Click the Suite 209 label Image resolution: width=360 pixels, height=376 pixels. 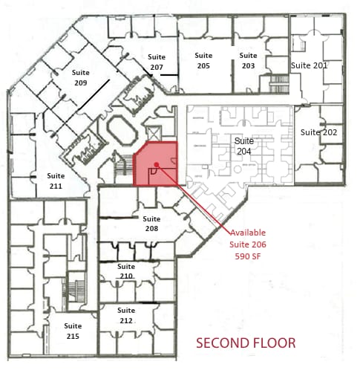click(81, 78)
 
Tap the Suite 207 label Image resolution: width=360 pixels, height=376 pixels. click(156, 62)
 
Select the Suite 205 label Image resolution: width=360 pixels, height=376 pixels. click(203, 60)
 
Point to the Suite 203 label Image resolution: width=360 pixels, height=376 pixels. click(248, 60)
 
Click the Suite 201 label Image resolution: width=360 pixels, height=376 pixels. click(309, 65)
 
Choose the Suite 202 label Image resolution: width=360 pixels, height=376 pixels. click(318, 132)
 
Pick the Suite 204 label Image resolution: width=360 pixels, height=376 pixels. click(243, 146)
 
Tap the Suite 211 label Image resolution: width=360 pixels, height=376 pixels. click(55, 181)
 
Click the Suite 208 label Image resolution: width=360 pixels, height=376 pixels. click(151, 224)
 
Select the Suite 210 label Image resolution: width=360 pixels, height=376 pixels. click(126, 271)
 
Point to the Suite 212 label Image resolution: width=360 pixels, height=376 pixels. click(126, 315)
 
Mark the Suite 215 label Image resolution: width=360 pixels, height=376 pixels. click(73, 331)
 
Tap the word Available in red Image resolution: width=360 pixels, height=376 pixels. click(248, 233)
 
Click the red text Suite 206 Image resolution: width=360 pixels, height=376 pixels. click(248, 244)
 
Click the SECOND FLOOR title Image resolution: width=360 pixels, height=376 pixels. click(245, 343)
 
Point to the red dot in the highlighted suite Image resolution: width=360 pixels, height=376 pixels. click(156, 166)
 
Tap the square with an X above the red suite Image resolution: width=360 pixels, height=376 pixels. click(154, 133)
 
